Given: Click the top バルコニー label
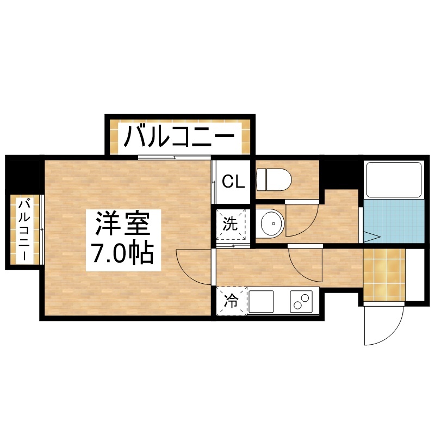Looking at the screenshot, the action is click(179, 136).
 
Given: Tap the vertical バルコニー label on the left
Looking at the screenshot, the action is click(24, 229).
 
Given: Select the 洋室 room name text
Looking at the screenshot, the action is click(123, 223).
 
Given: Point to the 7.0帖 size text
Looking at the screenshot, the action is click(123, 253).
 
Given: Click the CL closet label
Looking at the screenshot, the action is click(234, 182).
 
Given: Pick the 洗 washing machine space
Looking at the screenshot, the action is click(231, 225).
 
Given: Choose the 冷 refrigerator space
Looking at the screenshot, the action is click(232, 301).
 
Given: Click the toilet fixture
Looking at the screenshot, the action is click(274, 180).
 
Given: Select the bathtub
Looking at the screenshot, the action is click(394, 180).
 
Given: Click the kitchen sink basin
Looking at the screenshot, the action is click(261, 302).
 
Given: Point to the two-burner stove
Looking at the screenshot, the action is click(301, 302).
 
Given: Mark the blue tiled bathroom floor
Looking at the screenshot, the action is click(394, 221).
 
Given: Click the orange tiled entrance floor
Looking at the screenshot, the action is click(384, 275).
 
